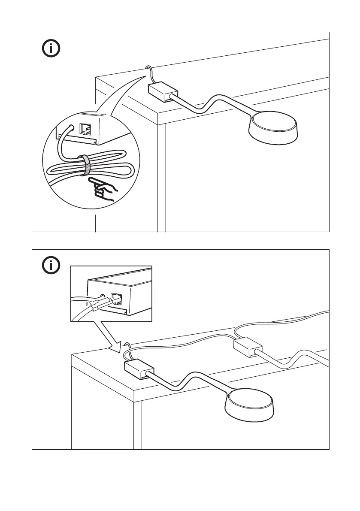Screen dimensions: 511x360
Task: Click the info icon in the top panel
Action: click(x=51, y=49)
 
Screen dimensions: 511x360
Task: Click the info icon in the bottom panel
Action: click(x=51, y=266)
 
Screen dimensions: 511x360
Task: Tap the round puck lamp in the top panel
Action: click(x=273, y=127)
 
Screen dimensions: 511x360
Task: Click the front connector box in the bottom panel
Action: click(x=139, y=369)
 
